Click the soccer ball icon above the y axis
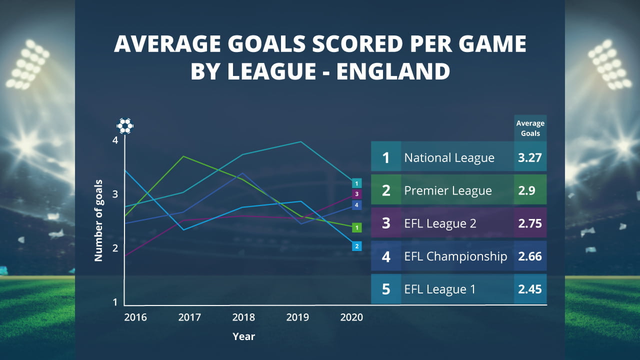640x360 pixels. click(125, 125)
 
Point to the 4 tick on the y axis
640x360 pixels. click(115, 140)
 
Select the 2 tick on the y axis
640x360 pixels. click(115, 248)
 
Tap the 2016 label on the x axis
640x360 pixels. click(135, 317)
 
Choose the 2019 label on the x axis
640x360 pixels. click(297, 317)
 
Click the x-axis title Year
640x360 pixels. click(243, 336)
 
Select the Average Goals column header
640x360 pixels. click(530, 128)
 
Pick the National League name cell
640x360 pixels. click(449, 158)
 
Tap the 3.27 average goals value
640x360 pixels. click(530, 158)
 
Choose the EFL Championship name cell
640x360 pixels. click(455, 256)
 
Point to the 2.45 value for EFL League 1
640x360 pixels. click(530, 289)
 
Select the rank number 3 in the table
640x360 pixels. click(385, 223)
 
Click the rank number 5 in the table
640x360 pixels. click(385, 289)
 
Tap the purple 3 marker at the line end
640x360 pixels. click(356, 194)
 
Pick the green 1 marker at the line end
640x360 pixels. click(356, 228)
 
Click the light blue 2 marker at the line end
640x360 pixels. click(356, 246)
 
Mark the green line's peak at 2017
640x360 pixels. click(184, 156)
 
